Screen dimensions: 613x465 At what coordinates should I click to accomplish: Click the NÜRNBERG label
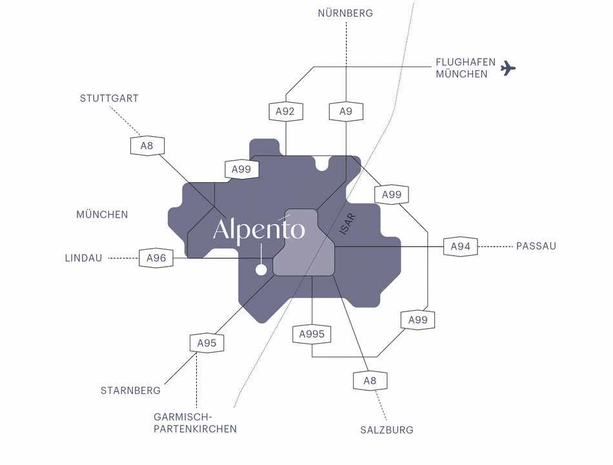345,13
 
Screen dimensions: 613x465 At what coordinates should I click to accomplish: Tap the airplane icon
508,68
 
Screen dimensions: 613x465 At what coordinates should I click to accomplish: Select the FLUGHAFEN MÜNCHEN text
465,68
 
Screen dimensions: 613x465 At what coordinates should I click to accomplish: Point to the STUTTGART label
109,98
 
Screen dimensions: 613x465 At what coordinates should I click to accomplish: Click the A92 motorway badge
285,112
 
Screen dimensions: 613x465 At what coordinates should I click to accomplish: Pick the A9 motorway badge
346,112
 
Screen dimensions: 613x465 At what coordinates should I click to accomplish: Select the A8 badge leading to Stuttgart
147,145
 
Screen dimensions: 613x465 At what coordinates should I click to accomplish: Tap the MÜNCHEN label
102,214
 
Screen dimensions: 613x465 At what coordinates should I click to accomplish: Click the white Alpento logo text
258,230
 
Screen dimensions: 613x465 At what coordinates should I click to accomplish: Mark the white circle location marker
261,270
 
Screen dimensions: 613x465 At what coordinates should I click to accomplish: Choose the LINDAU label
83,258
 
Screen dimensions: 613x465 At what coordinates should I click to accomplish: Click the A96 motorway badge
156,258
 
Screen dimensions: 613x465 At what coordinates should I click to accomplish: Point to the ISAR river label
348,224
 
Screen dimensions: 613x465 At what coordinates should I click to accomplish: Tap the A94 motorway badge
461,247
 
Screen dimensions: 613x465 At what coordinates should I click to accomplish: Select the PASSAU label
536,246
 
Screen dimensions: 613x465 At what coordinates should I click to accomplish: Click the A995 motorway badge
312,335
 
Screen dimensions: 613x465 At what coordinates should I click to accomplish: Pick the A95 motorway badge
207,344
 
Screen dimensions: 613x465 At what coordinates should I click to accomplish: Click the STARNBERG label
130,391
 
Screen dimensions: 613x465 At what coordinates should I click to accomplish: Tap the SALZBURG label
387,429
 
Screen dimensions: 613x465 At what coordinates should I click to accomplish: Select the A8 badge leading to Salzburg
370,381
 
